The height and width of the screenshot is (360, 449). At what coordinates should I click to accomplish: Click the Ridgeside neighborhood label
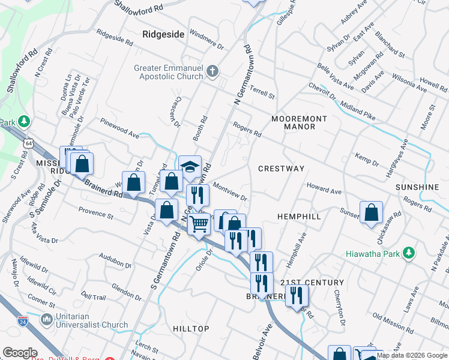[x=163, y=35]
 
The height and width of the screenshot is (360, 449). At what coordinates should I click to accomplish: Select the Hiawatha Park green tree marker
[x=409, y=253]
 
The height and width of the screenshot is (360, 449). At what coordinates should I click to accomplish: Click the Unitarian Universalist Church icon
[x=47, y=320]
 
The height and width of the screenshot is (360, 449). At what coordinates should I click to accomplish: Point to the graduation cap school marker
[x=190, y=166]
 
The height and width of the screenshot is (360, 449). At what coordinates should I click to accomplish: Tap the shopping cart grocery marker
[x=198, y=225]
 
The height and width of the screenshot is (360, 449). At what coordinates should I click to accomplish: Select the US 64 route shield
[x=29, y=144]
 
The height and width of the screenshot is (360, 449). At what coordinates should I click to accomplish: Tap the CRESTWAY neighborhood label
[x=282, y=169]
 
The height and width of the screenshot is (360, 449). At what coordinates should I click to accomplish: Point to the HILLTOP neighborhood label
[x=191, y=329]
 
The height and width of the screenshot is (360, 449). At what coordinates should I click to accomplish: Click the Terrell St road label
[x=263, y=93]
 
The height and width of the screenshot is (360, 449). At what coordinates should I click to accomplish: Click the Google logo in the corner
[x=20, y=352]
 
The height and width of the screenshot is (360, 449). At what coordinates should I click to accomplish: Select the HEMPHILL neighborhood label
[x=299, y=216]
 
